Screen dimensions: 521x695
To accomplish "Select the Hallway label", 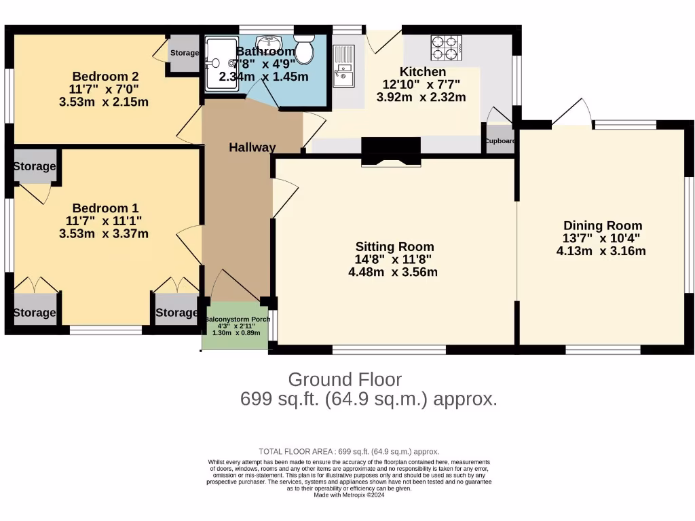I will coord(252,147).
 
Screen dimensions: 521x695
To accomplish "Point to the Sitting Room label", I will coord(394,247).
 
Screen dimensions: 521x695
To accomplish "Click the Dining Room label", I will coord(602,226).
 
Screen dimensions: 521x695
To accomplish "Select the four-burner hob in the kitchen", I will coord(445,47).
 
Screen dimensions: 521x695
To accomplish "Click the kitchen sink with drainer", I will coord(344,66).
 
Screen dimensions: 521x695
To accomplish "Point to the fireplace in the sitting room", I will coord(390,151).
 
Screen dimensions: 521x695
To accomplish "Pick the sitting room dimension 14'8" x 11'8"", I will coord(394,260).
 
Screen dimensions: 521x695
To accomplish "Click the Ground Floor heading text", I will coord(345,379).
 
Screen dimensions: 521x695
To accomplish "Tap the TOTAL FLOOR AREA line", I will coord(349,451).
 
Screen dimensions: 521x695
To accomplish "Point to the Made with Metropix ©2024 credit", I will coord(349,495).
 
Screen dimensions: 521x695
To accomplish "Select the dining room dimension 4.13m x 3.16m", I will coord(601,251).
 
